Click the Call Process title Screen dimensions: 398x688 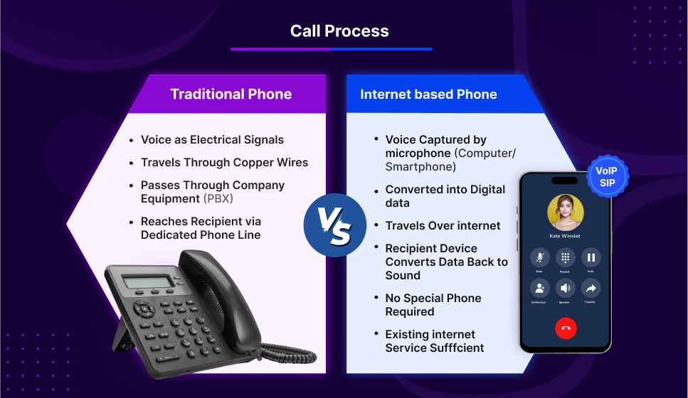(339, 31)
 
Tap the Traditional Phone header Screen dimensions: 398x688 (231, 94)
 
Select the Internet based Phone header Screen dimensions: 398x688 (428, 94)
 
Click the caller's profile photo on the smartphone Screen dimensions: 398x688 (566, 212)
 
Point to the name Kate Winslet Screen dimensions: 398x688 (566, 235)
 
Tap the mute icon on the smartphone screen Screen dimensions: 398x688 (540, 257)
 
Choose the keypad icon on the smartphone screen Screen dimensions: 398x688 (566, 257)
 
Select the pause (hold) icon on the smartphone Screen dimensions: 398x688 (591, 257)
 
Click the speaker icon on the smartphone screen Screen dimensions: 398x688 (566, 288)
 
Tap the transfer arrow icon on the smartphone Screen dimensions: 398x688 (591, 288)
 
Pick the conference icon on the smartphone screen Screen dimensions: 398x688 (540, 288)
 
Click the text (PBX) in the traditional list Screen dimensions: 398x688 (218, 198)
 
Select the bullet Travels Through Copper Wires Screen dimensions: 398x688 (224, 163)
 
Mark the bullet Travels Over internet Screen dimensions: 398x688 (443, 225)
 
